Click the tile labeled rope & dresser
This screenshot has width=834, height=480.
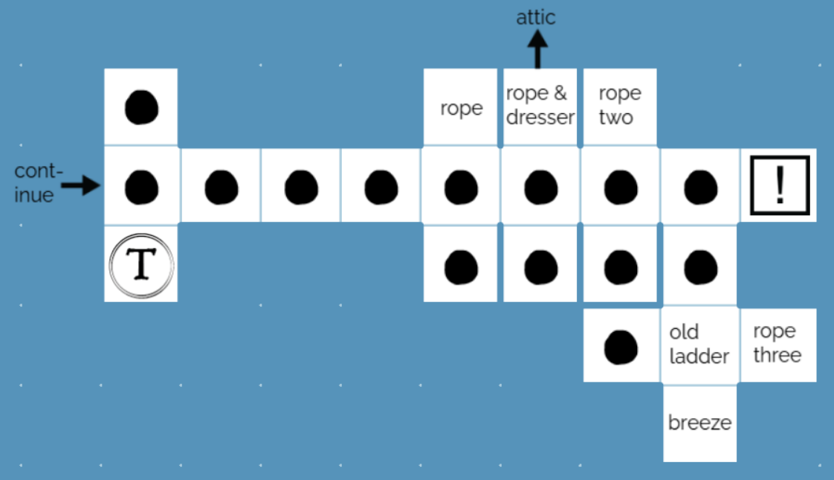pyautogui.click(x=540, y=106)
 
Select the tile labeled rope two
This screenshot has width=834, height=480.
pyautogui.click(x=619, y=106)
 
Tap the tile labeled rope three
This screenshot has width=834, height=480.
pyautogui.click(x=778, y=344)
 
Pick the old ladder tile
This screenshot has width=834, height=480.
pyautogui.click(x=699, y=344)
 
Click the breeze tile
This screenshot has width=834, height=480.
pyautogui.click(x=699, y=423)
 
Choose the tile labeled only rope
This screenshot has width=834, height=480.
pyautogui.click(x=461, y=108)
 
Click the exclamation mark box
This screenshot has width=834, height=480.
pyautogui.click(x=779, y=185)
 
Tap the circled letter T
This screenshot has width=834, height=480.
pyautogui.click(x=141, y=265)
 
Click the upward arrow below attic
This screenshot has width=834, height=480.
pyautogui.click(x=537, y=50)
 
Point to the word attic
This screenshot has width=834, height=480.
pyautogui.click(x=536, y=17)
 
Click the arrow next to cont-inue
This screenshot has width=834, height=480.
pyautogui.click(x=80, y=186)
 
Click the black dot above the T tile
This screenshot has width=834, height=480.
pyautogui.click(x=141, y=187)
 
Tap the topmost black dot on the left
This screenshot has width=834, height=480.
pyautogui.click(x=141, y=107)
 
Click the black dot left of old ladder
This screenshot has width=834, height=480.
pyautogui.click(x=620, y=346)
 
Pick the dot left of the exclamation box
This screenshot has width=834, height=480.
pyautogui.click(x=699, y=187)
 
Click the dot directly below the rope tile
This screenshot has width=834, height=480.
pyautogui.click(x=461, y=187)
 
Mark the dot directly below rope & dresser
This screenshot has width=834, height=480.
pyautogui.click(x=540, y=187)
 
